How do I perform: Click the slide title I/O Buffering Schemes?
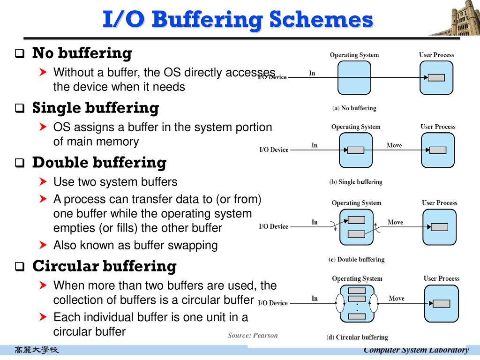coord(238,20)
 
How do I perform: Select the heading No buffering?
coord(82,53)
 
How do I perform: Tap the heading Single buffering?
coord(96,108)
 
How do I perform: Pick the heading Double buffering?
coord(99,163)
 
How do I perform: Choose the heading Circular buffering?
coord(104,266)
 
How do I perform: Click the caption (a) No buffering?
coord(354,108)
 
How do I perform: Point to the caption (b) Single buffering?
coord(355,182)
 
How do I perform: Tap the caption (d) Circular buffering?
coord(357,337)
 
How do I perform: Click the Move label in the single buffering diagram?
coord(394,145)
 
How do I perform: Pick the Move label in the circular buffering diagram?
coord(397,299)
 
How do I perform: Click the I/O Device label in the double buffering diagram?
coord(274,226)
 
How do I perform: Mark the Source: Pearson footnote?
coord(253,335)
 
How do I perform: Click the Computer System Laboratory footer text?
coord(416,350)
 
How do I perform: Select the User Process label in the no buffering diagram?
coord(436,55)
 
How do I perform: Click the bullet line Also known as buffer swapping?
coord(135,245)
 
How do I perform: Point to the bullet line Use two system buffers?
coord(115,182)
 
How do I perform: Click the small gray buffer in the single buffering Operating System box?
coord(356,150)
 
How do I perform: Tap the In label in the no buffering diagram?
coord(312,73)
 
